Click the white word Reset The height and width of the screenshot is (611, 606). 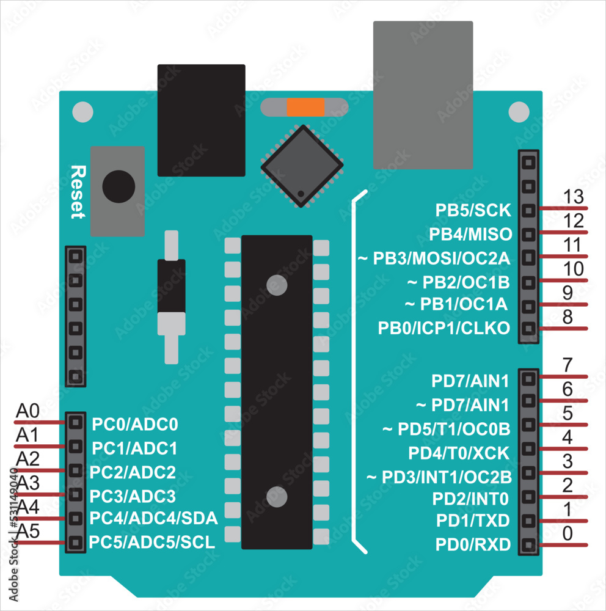pyautogui.click(x=77, y=191)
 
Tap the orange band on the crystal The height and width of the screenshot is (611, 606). pyautogui.click(x=305, y=108)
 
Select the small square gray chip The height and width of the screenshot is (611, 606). pyautogui.click(x=302, y=166)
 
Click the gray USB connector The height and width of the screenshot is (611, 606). pyautogui.click(x=423, y=95)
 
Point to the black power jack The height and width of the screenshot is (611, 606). pyautogui.click(x=201, y=120)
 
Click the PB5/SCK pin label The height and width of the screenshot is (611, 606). pyautogui.click(x=473, y=210)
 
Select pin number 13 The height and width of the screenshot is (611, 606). pyautogui.click(x=574, y=197)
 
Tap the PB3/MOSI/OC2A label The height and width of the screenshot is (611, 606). pyautogui.click(x=433, y=258)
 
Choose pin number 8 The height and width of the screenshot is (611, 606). pyautogui.click(x=568, y=317)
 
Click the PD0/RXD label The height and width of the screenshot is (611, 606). pyautogui.click(x=473, y=544)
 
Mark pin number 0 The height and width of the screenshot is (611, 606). pyautogui.click(x=568, y=533)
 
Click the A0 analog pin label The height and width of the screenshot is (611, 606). pyautogui.click(x=27, y=411)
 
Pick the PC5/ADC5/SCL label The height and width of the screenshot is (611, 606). pyautogui.click(x=152, y=542)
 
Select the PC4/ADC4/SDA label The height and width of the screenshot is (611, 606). pyautogui.click(x=153, y=519)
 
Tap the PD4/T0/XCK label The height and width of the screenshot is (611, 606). pyautogui.click(x=459, y=453)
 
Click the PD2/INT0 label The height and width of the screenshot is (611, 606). pyautogui.click(x=470, y=499)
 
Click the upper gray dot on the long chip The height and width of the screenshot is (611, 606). pyautogui.click(x=277, y=285)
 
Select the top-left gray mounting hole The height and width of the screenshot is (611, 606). pyautogui.click(x=82, y=112)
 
